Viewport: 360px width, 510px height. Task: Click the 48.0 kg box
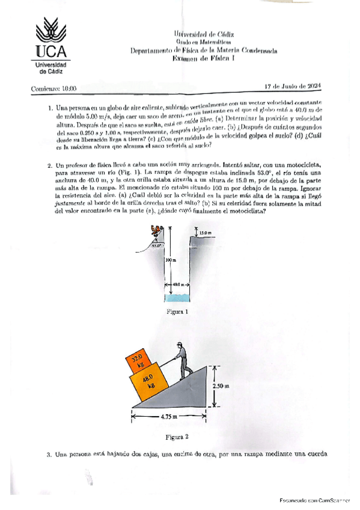click(147, 383)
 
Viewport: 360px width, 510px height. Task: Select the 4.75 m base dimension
click(171, 416)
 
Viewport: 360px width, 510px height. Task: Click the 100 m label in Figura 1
click(169, 260)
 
